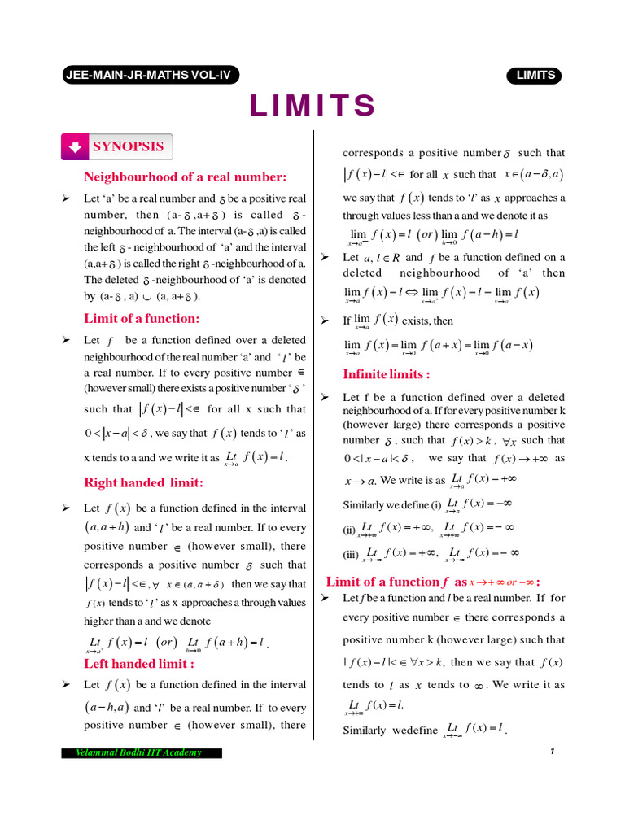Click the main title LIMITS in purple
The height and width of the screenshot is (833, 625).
coord(312,107)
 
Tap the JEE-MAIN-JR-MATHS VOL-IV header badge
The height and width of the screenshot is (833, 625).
coord(147,76)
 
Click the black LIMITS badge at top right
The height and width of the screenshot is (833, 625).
coord(534,76)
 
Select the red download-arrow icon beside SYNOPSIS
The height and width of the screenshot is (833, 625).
coord(75,147)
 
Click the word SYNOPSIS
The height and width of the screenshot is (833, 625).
coord(128,146)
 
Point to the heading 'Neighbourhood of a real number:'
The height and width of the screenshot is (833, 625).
coord(185,177)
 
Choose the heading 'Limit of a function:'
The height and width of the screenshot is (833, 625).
coord(142,318)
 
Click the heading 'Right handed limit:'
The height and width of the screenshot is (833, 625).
coord(144,482)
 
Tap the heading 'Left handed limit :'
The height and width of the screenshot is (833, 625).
coord(139,663)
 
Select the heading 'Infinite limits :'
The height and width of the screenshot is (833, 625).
coord(387,374)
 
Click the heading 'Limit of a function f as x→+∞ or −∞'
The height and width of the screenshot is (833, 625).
coord(433,582)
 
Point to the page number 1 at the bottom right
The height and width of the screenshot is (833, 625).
coord(552,751)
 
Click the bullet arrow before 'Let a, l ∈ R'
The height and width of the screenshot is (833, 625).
coord(324,257)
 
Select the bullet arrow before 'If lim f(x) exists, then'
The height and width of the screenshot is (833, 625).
coord(324,321)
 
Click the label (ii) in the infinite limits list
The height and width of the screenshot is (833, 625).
coord(349,529)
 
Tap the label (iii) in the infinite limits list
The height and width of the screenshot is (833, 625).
coord(351,555)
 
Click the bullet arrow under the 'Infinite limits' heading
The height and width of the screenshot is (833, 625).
coord(324,397)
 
